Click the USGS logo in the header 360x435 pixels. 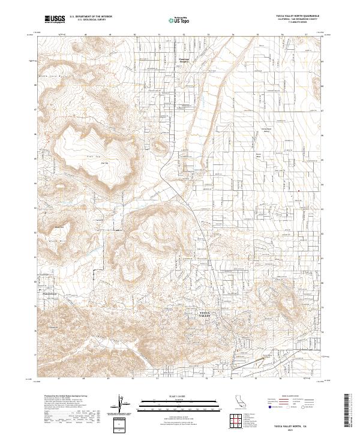[55, 20]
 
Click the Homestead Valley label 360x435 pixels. [265, 131]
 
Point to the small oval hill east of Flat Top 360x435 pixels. [159, 145]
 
